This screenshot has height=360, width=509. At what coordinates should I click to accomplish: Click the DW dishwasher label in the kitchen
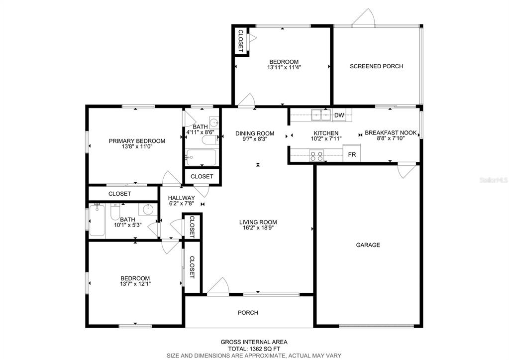pyautogui.click(x=339, y=115)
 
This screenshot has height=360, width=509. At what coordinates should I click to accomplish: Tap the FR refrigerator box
pyautogui.click(x=352, y=153)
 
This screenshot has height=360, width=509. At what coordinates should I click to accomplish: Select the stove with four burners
pyautogui.click(x=316, y=156)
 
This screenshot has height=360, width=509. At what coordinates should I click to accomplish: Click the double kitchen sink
pyautogui.click(x=321, y=115)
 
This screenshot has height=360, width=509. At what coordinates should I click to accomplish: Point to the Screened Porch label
pyautogui.click(x=376, y=66)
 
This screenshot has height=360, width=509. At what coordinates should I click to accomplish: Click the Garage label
pyautogui.click(x=368, y=245)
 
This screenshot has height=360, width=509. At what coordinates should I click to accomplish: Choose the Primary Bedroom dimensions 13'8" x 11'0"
pyautogui.click(x=137, y=146)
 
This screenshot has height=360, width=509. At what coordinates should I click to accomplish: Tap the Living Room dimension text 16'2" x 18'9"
pyautogui.click(x=258, y=228)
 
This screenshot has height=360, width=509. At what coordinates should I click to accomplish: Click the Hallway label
pyautogui.click(x=182, y=198)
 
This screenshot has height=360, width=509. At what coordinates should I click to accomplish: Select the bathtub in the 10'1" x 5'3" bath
pyautogui.click(x=97, y=220)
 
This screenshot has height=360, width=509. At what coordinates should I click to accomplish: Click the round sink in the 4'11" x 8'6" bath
pyautogui.click(x=214, y=122)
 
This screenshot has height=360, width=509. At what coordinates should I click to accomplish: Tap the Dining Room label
pyautogui.click(x=255, y=133)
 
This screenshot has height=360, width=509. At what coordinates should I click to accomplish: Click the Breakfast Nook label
pyautogui.click(x=391, y=132)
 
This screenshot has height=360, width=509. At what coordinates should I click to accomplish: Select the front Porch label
pyautogui.click(x=248, y=313)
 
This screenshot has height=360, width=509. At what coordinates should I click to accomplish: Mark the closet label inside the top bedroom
pyautogui.click(x=241, y=41)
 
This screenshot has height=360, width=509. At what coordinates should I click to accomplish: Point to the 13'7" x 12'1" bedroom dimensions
pyautogui.click(x=135, y=284)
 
